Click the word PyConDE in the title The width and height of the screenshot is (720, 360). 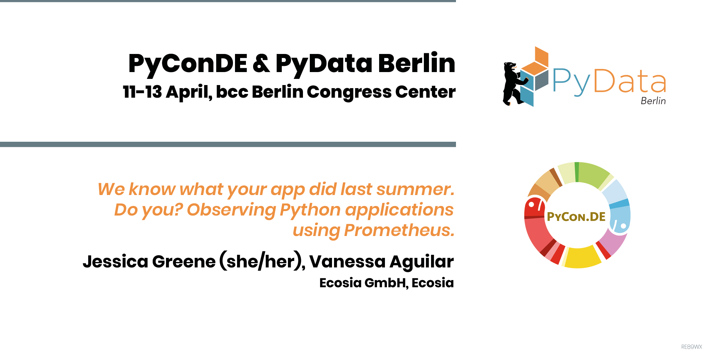click(x=188, y=64)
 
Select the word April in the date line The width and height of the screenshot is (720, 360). click(x=189, y=92)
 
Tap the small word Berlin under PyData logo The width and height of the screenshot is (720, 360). click(x=653, y=101)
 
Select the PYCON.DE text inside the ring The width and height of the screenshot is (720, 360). click(x=576, y=217)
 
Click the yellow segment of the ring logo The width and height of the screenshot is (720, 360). click(x=582, y=257)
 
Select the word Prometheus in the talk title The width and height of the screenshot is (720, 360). click(x=399, y=230)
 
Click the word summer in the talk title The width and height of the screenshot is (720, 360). click(x=415, y=189)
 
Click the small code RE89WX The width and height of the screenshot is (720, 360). click(x=692, y=347)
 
